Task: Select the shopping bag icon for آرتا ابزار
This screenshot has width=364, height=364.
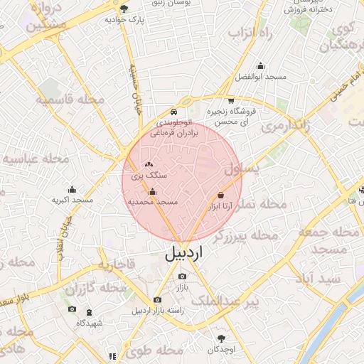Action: (221, 195)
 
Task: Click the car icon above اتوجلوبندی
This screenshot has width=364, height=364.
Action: (174, 112)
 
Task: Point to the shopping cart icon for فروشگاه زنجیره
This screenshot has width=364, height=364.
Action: (231, 100)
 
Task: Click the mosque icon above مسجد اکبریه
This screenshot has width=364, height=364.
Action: (72, 189)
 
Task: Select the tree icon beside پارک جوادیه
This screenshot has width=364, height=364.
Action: (124, 9)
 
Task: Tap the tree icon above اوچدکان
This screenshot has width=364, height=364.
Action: (222, 338)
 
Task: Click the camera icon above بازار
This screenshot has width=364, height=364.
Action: (183, 277)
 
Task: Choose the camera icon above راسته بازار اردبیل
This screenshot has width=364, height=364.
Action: (157, 300)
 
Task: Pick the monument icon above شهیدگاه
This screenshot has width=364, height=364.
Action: (90, 313)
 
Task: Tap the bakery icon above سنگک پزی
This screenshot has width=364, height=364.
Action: (148, 165)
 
